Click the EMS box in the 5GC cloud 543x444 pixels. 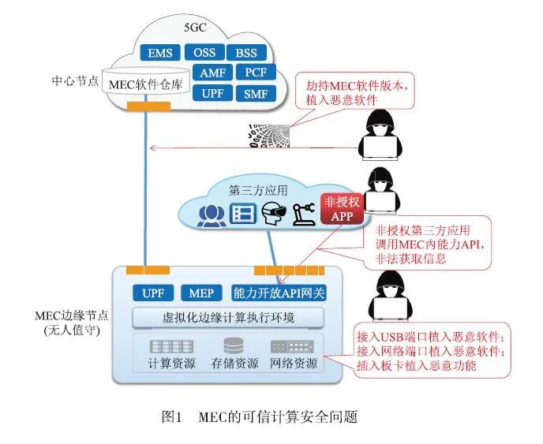point(160,54)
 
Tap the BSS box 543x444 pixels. point(246,54)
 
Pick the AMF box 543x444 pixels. point(212,73)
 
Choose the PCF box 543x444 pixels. point(255,73)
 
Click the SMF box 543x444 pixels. point(255,94)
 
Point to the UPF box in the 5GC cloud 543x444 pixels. point(212,94)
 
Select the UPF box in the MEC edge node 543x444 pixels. point(152,293)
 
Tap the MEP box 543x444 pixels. point(201,293)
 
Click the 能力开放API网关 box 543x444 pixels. point(279,293)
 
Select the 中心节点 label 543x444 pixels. point(73,81)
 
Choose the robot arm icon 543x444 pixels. point(301,214)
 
